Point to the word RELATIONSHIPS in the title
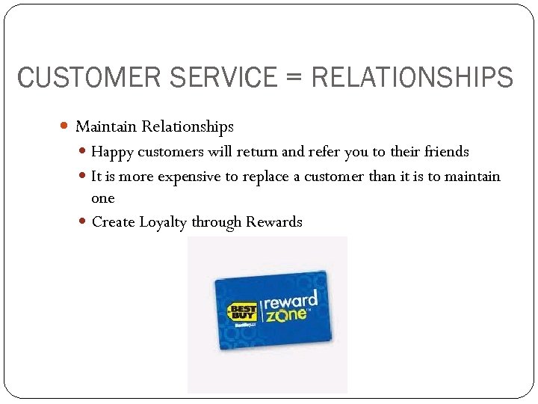point(412,77)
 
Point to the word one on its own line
point(103,198)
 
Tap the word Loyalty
point(164,222)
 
